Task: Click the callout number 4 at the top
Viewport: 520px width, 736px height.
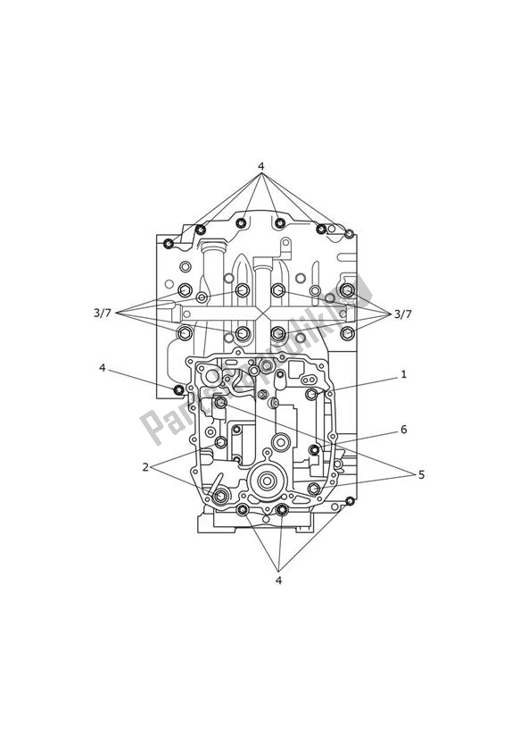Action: (260, 166)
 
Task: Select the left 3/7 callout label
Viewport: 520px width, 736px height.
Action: (103, 313)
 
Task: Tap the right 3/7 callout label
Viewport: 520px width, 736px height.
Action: (403, 314)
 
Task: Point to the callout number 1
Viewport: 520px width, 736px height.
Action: (403, 374)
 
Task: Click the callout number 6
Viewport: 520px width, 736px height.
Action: (403, 430)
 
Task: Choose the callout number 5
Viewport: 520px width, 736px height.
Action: (421, 474)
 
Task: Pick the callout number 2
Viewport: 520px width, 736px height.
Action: (145, 466)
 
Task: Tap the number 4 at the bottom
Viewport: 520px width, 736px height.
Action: (278, 580)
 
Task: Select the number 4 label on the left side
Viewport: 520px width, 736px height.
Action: (103, 368)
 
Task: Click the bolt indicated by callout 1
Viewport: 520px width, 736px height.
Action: (311, 394)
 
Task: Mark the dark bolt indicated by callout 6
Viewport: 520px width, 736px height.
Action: (314, 449)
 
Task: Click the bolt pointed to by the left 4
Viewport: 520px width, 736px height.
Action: (179, 389)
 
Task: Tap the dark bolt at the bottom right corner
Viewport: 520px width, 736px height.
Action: (350, 500)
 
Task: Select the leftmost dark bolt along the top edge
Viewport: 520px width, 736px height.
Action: (169, 243)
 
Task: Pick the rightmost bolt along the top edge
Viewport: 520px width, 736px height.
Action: (350, 234)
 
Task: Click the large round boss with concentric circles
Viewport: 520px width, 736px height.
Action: (266, 482)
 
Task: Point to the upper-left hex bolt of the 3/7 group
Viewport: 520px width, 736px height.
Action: (185, 290)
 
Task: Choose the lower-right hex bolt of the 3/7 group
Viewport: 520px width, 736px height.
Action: (347, 333)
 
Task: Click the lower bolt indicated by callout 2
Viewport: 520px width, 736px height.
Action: (220, 496)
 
